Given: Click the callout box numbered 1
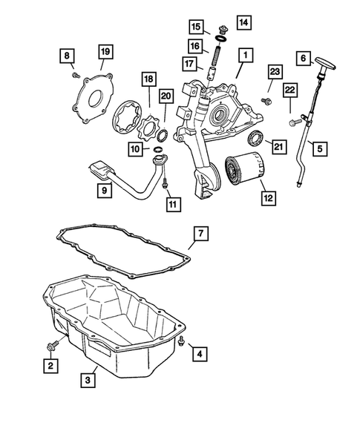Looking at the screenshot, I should (243, 54).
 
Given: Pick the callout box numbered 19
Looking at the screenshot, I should (106, 51).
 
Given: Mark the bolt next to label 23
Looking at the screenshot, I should (266, 97).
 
